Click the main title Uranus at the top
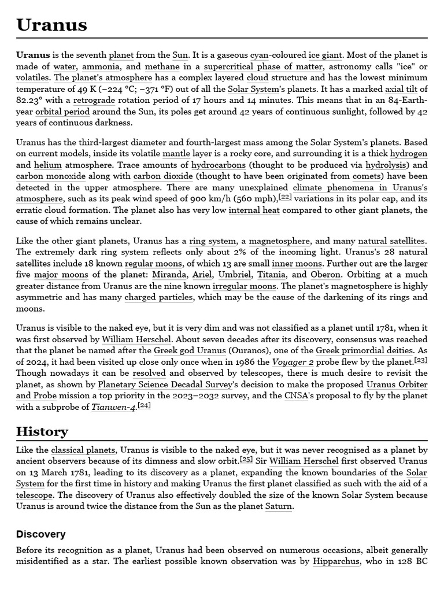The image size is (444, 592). [51, 25]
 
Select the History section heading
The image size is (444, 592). [42, 431]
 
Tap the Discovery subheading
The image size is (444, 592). [40, 534]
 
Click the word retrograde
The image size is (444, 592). [94, 101]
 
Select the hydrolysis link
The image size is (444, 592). [387, 165]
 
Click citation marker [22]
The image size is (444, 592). [285, 197]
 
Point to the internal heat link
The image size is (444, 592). [254, 210]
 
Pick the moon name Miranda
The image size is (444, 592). [169, 275]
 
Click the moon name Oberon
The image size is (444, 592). [325, 275]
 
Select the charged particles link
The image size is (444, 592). [158, 297]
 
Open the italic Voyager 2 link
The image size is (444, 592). [294, 362]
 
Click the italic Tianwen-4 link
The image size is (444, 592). [113, 407]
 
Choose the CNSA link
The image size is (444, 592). [295, 396]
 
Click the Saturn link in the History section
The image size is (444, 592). [278, 506]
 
